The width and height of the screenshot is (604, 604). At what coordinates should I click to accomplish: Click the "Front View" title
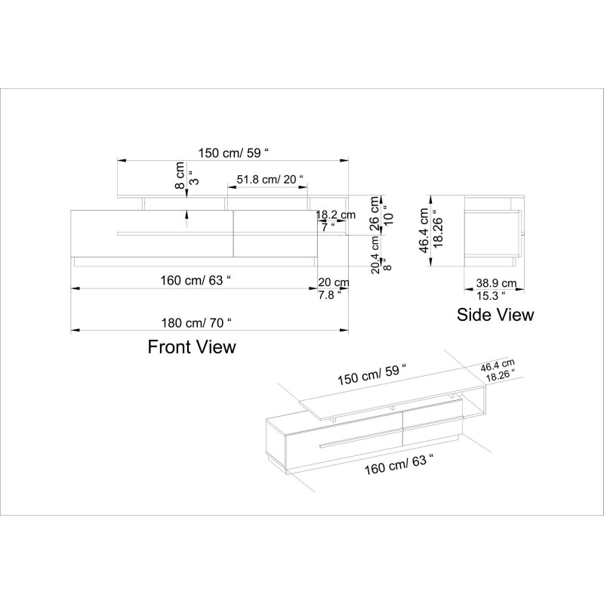191,347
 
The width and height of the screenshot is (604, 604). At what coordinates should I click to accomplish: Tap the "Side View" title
495,314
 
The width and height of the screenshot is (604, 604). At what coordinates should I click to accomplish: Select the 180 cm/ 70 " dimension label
196,322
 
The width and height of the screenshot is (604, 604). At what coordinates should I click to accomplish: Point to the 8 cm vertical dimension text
180,176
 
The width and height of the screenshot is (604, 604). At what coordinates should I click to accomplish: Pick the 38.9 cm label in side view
496,283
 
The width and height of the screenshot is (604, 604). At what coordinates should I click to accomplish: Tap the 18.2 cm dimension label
335,214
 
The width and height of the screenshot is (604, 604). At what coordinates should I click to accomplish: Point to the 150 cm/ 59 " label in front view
234,153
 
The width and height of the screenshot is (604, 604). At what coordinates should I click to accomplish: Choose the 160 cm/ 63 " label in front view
196,280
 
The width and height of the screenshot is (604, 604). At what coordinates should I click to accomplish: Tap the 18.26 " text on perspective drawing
501,376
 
